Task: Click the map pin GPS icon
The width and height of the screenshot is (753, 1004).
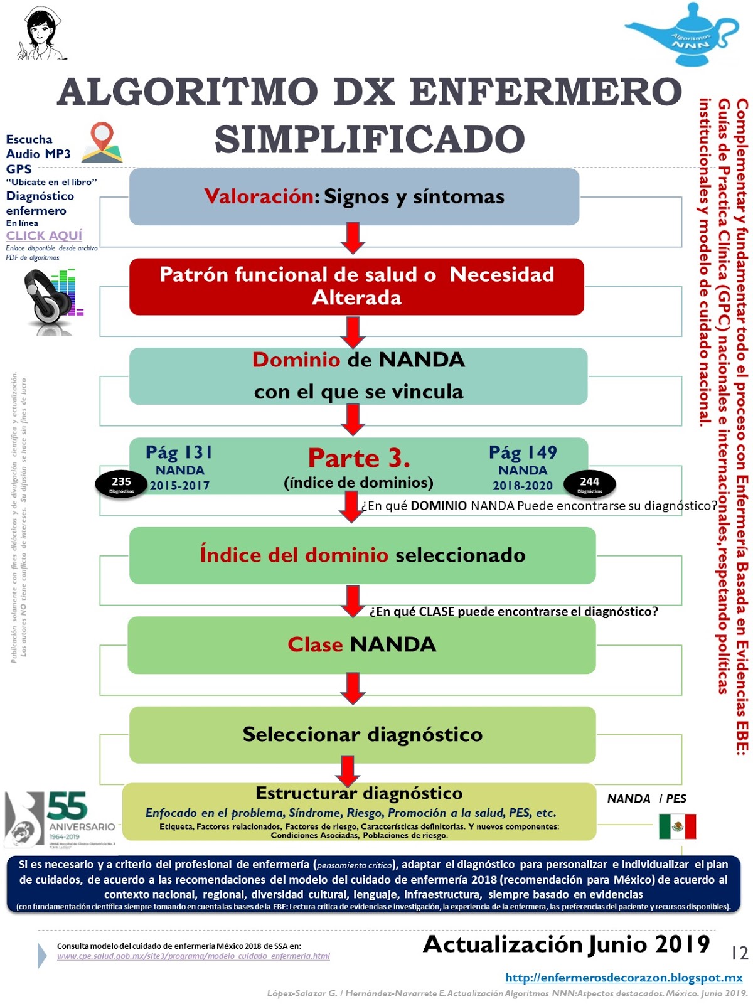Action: pos(102,142)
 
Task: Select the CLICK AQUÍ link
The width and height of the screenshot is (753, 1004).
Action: pos(44,235)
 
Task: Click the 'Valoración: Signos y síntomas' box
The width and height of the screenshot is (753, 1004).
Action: pos(354,196)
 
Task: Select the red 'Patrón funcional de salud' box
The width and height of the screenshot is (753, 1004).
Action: pos(356,286)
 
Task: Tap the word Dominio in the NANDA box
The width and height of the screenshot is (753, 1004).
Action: pos(296,360)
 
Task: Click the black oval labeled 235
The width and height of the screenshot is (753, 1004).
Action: pos(121,483)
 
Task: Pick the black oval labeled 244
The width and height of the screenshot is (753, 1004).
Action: pos(589,483)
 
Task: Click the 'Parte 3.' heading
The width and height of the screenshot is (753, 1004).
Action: pos(359,458)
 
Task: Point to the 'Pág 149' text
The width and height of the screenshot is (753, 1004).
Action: pos(523,452)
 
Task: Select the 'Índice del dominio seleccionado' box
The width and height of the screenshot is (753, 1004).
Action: pos(362,555)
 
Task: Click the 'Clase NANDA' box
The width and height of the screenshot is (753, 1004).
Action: pos(361,644)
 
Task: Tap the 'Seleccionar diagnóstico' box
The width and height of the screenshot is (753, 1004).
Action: pos(362,734)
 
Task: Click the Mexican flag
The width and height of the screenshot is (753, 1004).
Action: pos(677,826)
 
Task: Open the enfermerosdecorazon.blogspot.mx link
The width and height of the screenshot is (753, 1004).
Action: pos(624,978)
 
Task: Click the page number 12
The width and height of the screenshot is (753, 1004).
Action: pos(739,953)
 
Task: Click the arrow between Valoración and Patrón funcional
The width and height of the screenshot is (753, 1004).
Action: pos(353,238)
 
